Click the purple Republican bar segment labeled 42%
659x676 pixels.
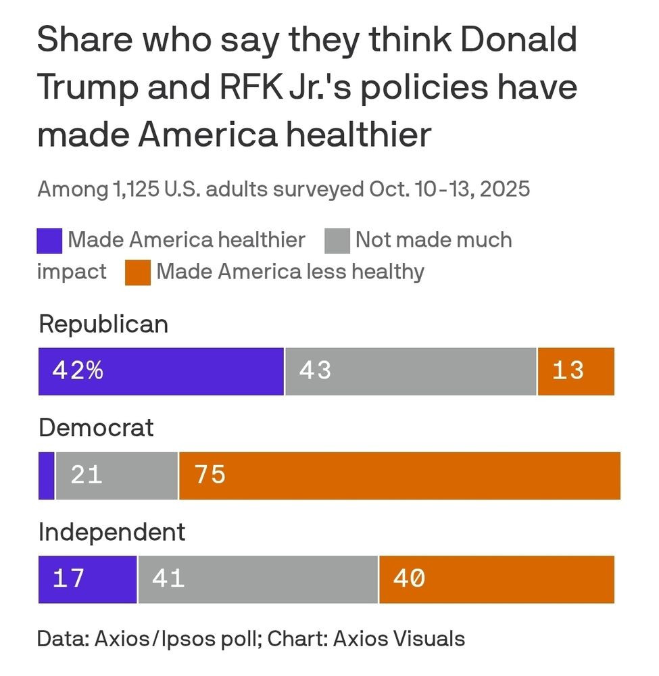click(161, 371)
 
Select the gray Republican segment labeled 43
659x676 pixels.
click(410, 371)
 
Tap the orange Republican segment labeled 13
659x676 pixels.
click(576, 371)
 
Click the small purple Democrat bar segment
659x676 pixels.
click(46, 475)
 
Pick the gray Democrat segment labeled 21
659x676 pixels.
click(117, 475)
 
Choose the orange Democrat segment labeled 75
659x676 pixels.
click(399, 475)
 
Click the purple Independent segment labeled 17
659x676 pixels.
click(87, 579)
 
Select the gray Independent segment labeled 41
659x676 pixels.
click(258, 579)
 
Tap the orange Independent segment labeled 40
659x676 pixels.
click(497, 579)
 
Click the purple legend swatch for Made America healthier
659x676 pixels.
click(49, 241)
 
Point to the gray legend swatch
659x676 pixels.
click(337, 241)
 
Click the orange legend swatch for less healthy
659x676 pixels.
click(137, 272)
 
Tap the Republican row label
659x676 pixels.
click(103, 324)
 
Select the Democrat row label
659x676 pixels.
click(96, 428)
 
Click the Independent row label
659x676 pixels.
click(112, 532)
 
